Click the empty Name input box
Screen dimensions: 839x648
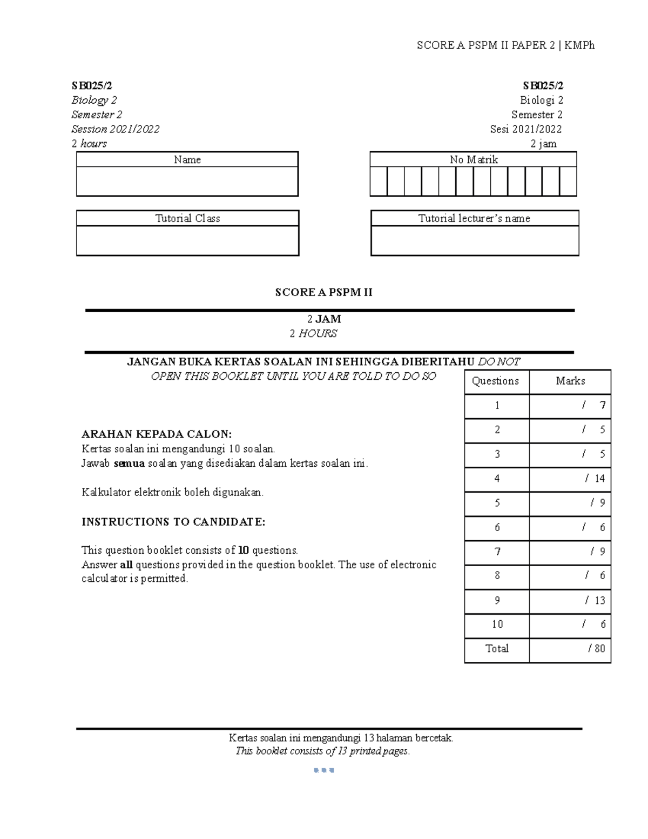pyautogui.click(x=187, y=181)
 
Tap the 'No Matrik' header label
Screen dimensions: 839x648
pyautogui.click(x=474, y=159)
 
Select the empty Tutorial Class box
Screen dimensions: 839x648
pyautogui.click(x=187, y=240)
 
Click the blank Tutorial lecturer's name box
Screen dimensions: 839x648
pyautogui.click(x=475, y=240)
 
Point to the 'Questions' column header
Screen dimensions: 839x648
pyautogui.click(x=495, y=381)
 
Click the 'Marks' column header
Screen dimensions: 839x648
pyautogui.click(x=570, y=381)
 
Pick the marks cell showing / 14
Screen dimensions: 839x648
pyautogui.click(x=570, y=479)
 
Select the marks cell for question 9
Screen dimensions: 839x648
pyautogui.click(x=570, y=601)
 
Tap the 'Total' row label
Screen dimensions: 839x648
pyautogui.click(x=497, y=648)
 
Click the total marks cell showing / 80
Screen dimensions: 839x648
pyautogui.click(x=570, y=648)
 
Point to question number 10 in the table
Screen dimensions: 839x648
pyautogui.click(x=497, y=625)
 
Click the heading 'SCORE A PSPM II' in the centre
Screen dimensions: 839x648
pyautogui.click(x=323, y=292)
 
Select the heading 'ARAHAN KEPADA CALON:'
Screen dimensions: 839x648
pyautogui.click(x=156, y=434)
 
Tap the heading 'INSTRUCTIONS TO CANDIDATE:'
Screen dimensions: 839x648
pyautogui.click(x=173, y=522)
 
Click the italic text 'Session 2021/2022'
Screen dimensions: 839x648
pyautogui.click(x=115, y=129)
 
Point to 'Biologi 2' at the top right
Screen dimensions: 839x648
pyautogui.click(x=541, y=100)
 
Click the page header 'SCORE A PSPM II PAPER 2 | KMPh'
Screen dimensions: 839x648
pyautogui.click(x=505, y=45)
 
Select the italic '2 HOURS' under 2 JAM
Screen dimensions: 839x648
pyautogui.click(x=313, y=333)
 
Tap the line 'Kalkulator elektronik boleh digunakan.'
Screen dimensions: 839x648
pyautogui.click(x=172, y=492)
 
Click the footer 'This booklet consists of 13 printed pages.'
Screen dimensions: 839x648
pyautogui.click(x=322, y=751)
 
